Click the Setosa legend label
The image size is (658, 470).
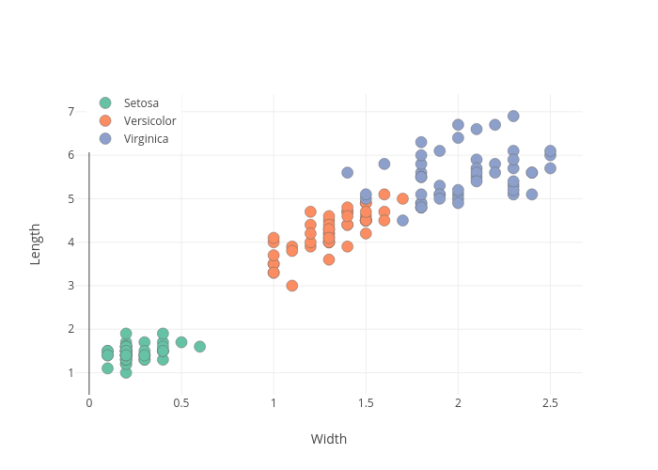point(141,102)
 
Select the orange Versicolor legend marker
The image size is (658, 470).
point(105,120)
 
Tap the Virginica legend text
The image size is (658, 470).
point(146,138)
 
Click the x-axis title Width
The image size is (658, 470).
point(329,439)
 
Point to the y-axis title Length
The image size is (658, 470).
point(36,243)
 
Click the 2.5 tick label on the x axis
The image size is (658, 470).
point(550,402)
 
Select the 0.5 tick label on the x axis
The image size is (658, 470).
point(181,402)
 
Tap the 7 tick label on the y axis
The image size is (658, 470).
point(70,112)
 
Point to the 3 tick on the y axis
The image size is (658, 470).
point(70,286)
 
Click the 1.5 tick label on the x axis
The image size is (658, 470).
point(366,402)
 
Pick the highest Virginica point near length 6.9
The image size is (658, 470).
point(513,117)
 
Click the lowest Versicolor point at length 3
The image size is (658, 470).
point(292,286)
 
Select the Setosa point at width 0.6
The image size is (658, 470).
point(199,347)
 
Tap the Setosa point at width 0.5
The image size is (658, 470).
point(181,342)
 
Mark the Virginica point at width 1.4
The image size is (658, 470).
point(347,173)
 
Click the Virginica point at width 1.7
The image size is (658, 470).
point(402,221)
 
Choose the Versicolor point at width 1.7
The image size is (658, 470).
point(402,198)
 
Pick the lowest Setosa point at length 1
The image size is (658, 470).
point(126,372)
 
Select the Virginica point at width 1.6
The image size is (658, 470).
point(384,164)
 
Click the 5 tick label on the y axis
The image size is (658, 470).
point(70,199)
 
